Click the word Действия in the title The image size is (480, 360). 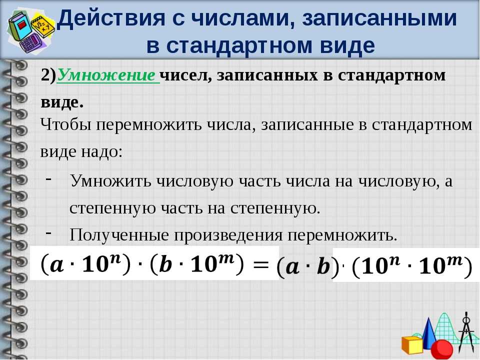111,18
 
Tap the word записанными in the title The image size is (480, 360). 379,18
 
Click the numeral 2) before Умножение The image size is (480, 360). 48,75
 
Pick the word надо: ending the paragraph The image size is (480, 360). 101,151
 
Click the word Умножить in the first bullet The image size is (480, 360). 111,180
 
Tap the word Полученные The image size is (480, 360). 119,235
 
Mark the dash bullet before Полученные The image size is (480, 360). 48,232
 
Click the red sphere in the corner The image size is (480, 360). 441,349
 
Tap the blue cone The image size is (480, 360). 428,333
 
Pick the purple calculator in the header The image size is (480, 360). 32,43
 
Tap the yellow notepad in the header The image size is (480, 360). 43,25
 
